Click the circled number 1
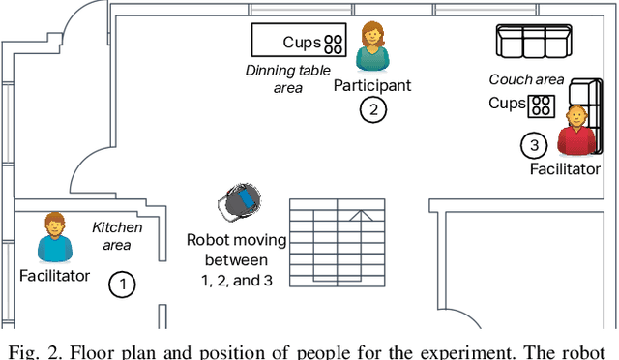coord(122,285)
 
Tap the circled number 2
coord(372,109)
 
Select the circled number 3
coord(534,146)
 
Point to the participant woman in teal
coord(371,47)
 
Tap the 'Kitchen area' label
coord(117,236)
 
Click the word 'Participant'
coord(372,85)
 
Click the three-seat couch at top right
coord(530,42)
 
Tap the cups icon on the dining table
coord(334,43)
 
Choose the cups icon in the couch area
coord(542,104)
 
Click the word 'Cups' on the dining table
coord(301,43)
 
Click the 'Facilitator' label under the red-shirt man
coord(565,169)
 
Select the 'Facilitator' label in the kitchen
coord(54,276)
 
